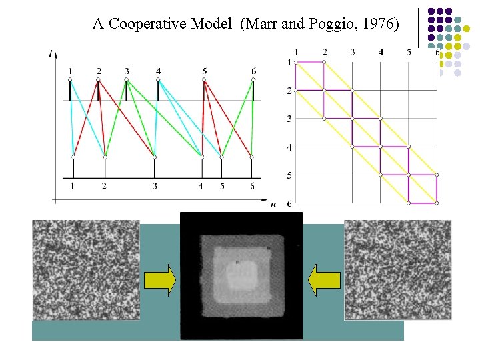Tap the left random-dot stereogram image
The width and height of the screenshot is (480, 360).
[86, 270]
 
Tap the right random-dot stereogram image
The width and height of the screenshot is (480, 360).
[397, 270]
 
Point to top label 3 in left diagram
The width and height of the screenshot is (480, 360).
[127, 70]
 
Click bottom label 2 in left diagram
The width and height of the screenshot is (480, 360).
[105, 185]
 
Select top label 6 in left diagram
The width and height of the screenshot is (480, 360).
[253, 70]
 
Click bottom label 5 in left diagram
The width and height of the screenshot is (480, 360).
[222, 185]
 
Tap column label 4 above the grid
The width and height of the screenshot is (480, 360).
[380, 52]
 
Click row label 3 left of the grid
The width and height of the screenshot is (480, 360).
[289, 119]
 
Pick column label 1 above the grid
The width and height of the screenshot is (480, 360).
[296, 52]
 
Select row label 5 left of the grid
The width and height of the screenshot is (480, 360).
[289, 175]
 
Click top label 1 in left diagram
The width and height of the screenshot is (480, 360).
[69, 70]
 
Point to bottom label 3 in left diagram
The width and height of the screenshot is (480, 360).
[155, 185]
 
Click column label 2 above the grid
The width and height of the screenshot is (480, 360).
[324, 52]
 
